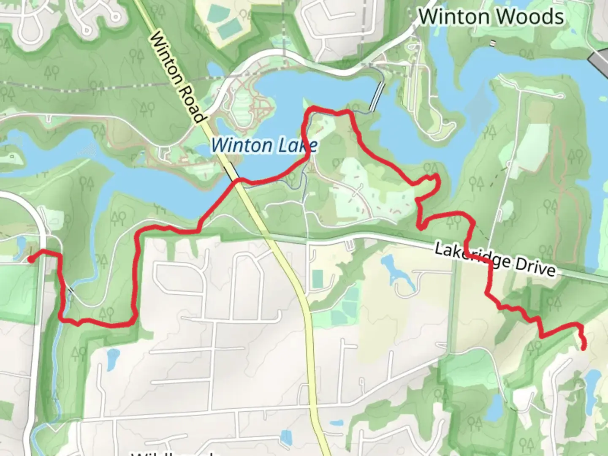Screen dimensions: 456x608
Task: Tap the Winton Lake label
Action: (x=264, y=145)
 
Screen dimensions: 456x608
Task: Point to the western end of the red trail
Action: (x=31, y=260)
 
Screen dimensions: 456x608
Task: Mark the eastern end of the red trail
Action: (x=584, y=348)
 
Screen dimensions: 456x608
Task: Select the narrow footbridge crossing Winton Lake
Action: (x=377, y=96)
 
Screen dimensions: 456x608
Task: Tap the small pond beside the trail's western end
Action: (x=20, y=245)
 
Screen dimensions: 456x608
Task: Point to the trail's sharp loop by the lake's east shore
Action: (x=433, y=182)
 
